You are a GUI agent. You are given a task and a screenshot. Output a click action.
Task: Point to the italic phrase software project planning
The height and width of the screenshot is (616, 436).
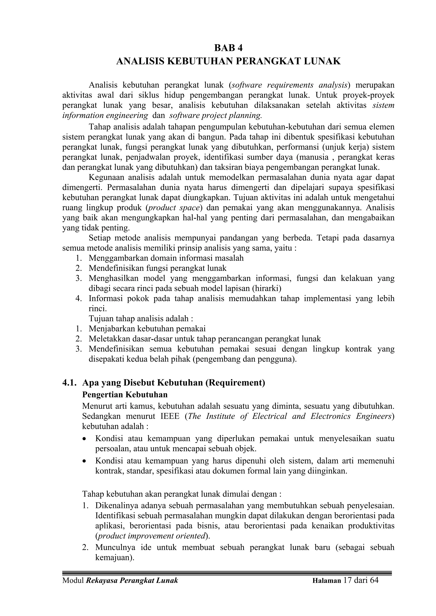(215, 116)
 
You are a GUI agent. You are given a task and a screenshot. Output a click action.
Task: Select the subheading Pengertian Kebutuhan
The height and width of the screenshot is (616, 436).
(125, 394)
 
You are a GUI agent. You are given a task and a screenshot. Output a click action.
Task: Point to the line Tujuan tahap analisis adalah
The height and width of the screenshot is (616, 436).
(141, 319)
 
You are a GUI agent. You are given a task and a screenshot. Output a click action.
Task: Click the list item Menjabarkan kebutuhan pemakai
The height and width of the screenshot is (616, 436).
(147, 329)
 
